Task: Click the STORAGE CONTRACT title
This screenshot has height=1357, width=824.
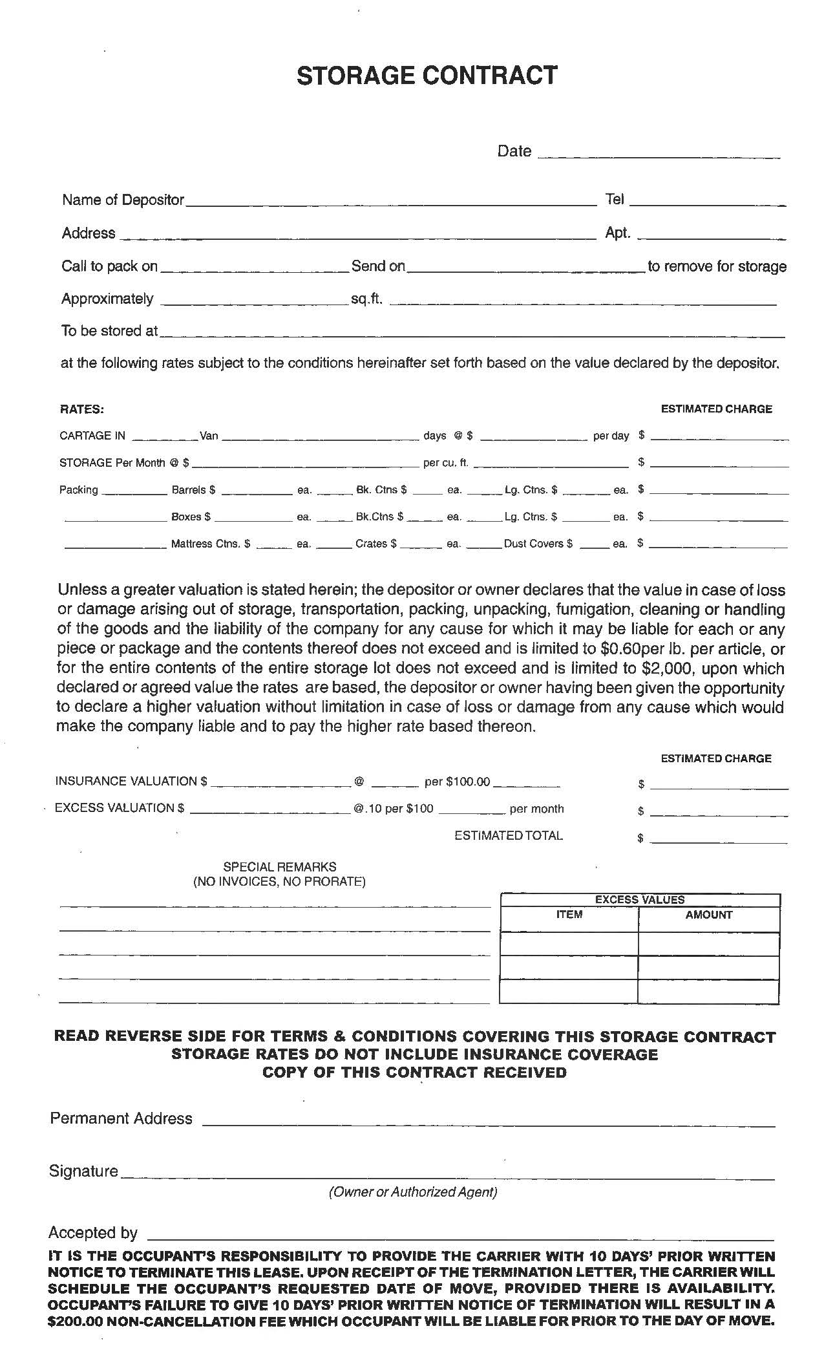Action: [x=427, y=76]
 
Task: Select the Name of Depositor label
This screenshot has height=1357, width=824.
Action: [x=123, y=200]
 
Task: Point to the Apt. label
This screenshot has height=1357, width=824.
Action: [x=617, y=233]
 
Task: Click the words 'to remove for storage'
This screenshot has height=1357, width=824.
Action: [x=717, y=266]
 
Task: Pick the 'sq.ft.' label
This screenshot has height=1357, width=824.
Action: [x=366, y=299]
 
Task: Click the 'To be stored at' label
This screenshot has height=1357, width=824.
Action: [x=109, y=331]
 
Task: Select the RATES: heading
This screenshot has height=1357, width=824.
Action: [x=82, y=409]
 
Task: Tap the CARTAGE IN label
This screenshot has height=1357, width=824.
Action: [x=92, y=436]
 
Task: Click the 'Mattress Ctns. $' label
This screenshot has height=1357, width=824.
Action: [x=210, y=544]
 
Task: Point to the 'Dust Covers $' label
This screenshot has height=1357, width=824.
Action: [x=538, y=544]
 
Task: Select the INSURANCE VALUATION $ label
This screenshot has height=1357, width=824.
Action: [x=131, y=782]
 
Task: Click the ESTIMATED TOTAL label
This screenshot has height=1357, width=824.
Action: [x=509, y=836]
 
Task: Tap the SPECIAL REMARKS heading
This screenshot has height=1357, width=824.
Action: [x=279, y=867]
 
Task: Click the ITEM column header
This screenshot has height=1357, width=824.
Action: [x=569, y=915]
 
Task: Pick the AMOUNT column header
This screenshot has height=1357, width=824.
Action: [x=708, y=915]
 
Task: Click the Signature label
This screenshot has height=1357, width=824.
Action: [x=83, y=1171]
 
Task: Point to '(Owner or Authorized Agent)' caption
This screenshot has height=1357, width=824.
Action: [x=413, y=1191]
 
